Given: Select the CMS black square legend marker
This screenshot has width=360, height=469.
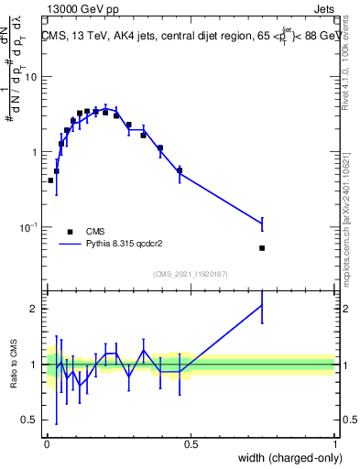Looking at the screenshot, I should (x=70, y=232).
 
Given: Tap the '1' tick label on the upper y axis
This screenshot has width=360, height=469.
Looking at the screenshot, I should (x=34, y=152).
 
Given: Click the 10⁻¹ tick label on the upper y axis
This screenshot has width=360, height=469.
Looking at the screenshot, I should (x=28, y=227).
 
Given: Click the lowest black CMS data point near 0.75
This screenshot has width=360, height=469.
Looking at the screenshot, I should (x=263, y=247).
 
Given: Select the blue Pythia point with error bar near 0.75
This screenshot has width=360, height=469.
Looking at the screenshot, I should (x=263, y=224).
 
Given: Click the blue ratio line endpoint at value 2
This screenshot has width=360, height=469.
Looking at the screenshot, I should (x=263, y=305).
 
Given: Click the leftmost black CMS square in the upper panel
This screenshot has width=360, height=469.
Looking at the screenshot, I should (x=50, y=180).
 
